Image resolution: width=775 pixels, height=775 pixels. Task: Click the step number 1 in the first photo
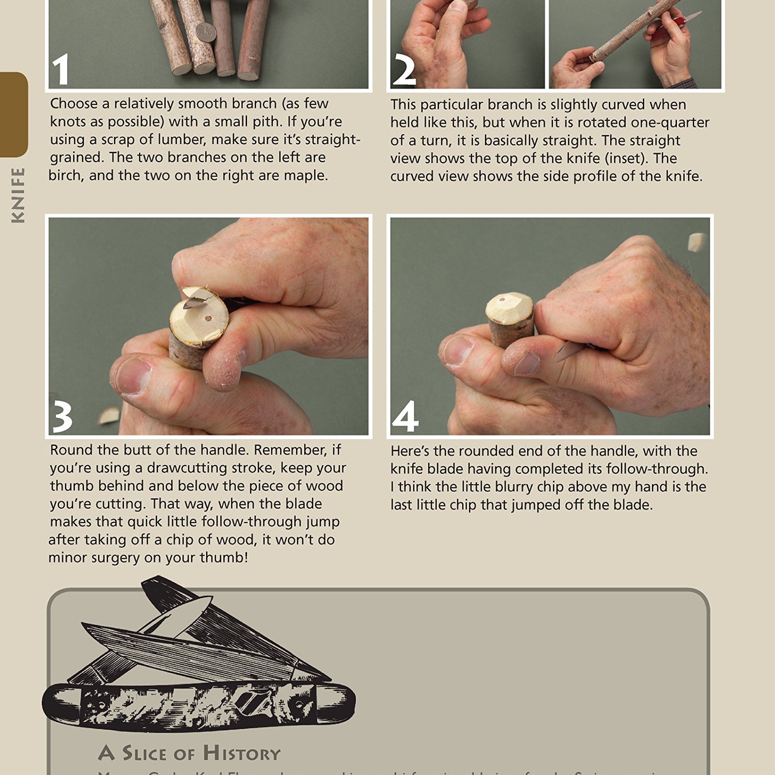(60, 70)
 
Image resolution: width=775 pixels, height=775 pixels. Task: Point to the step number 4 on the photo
(405, 416)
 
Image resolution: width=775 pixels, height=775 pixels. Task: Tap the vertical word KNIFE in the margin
(18, 195)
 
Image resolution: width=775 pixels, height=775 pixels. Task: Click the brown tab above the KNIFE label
(13, 114)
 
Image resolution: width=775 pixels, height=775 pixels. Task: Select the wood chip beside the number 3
(109, 415)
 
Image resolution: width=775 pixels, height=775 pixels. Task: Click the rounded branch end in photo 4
(509, 307)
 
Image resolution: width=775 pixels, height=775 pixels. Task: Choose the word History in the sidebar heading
(241, 753)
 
